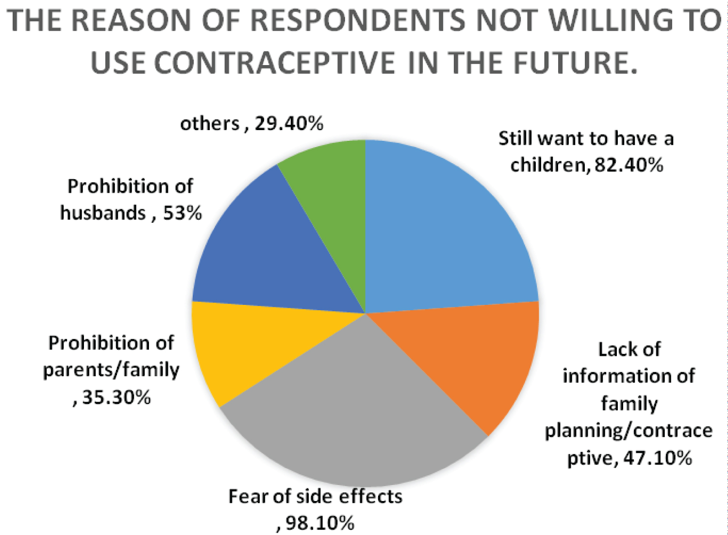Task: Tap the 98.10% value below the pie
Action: (x=320, y=523)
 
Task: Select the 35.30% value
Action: (x=116, y=397)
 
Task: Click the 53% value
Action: (x=182, y=213)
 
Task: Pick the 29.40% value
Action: (x=289, y=124)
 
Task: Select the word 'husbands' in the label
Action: (x=103, y=213)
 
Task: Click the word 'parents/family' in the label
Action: (x=111, y=370)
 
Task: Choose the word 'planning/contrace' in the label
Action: (x=629, y=431)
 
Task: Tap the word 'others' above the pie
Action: (x=210, y=124)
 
